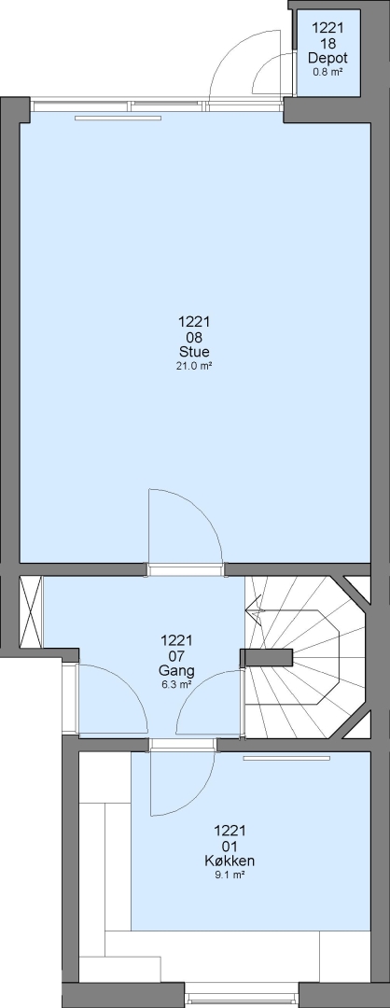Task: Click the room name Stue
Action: [x=195, y=352]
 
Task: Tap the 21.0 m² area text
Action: [x=195, y=366]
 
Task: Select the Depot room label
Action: [x=327, y=58]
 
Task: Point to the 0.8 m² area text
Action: [x=327, y=72]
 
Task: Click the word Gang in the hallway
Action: [x=176, y=671]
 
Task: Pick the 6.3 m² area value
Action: [x=176, y=685]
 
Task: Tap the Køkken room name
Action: [x=230, y=861]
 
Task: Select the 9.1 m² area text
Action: [x=230, y=875]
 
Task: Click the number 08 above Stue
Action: [x=195, y=337]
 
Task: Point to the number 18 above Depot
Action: [x=327, y=43]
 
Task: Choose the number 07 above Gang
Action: [x=176, y=656]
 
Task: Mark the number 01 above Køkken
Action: [x=230, y=846]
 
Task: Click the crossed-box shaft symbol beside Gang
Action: [x=31, y=611]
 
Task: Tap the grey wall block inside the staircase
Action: [x=266, y=658]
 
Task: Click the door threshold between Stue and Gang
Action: [x=186, y=569]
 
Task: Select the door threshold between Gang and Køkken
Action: [x=183, y=745]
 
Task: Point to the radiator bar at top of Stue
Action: [x=118, y=118]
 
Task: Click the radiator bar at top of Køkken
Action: [x=287, y=759]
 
